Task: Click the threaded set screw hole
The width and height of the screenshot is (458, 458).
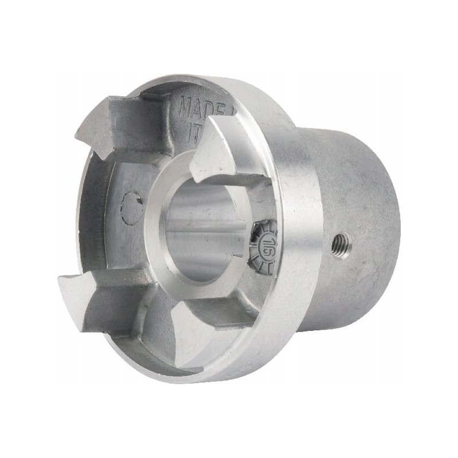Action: click(342, 244)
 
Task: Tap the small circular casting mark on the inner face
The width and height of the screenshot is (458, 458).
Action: click(132, 207)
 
